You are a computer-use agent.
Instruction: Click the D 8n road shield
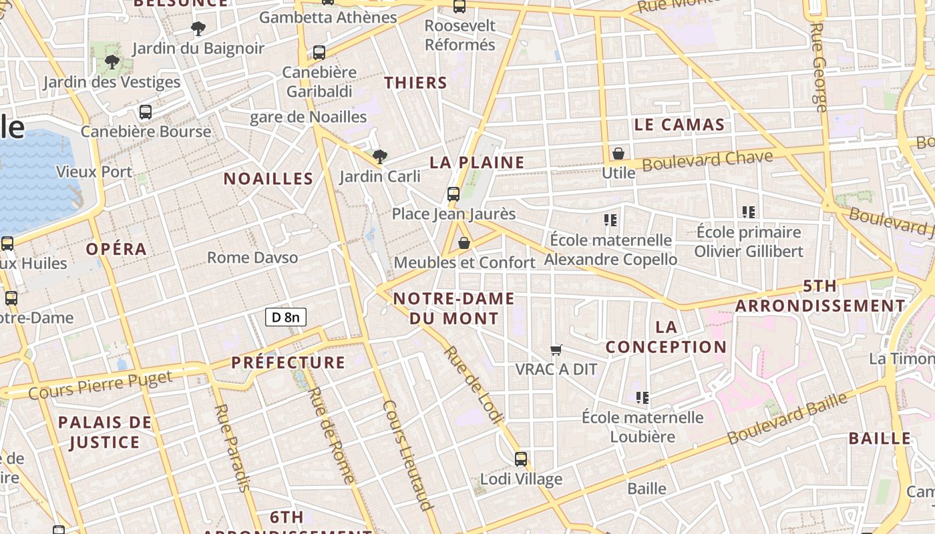click(x=286, y=317)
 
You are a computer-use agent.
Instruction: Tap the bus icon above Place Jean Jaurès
click(x=453, y=194)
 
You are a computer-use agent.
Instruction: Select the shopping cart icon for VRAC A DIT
click(x=556, y=350)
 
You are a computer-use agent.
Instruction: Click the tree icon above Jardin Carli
click(x=380, y=157)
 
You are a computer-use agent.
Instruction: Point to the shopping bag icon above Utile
click(x=618, y=154)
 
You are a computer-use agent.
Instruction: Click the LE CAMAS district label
click(x=679, y=125)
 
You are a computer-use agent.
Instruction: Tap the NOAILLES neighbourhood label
click(x=268, y=179)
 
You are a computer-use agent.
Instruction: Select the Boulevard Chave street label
click(x=707, y=161)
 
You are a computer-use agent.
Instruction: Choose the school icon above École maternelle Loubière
click(x=642, y=398)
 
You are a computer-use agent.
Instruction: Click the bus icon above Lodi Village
click(x=521, y=459)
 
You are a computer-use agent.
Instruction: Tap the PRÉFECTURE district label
click(x=288, y=363)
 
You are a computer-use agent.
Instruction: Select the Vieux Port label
click(x=94, y=172)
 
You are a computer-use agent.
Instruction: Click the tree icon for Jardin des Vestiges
click(x=112, y=63)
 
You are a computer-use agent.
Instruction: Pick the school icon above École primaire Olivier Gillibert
click(x=749, y=212)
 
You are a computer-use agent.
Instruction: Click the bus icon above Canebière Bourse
click(x=146, y=112)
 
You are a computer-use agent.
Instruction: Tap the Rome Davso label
click(x=252, y=258)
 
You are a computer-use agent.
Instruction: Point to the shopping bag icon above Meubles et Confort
click(x=464, y=243)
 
